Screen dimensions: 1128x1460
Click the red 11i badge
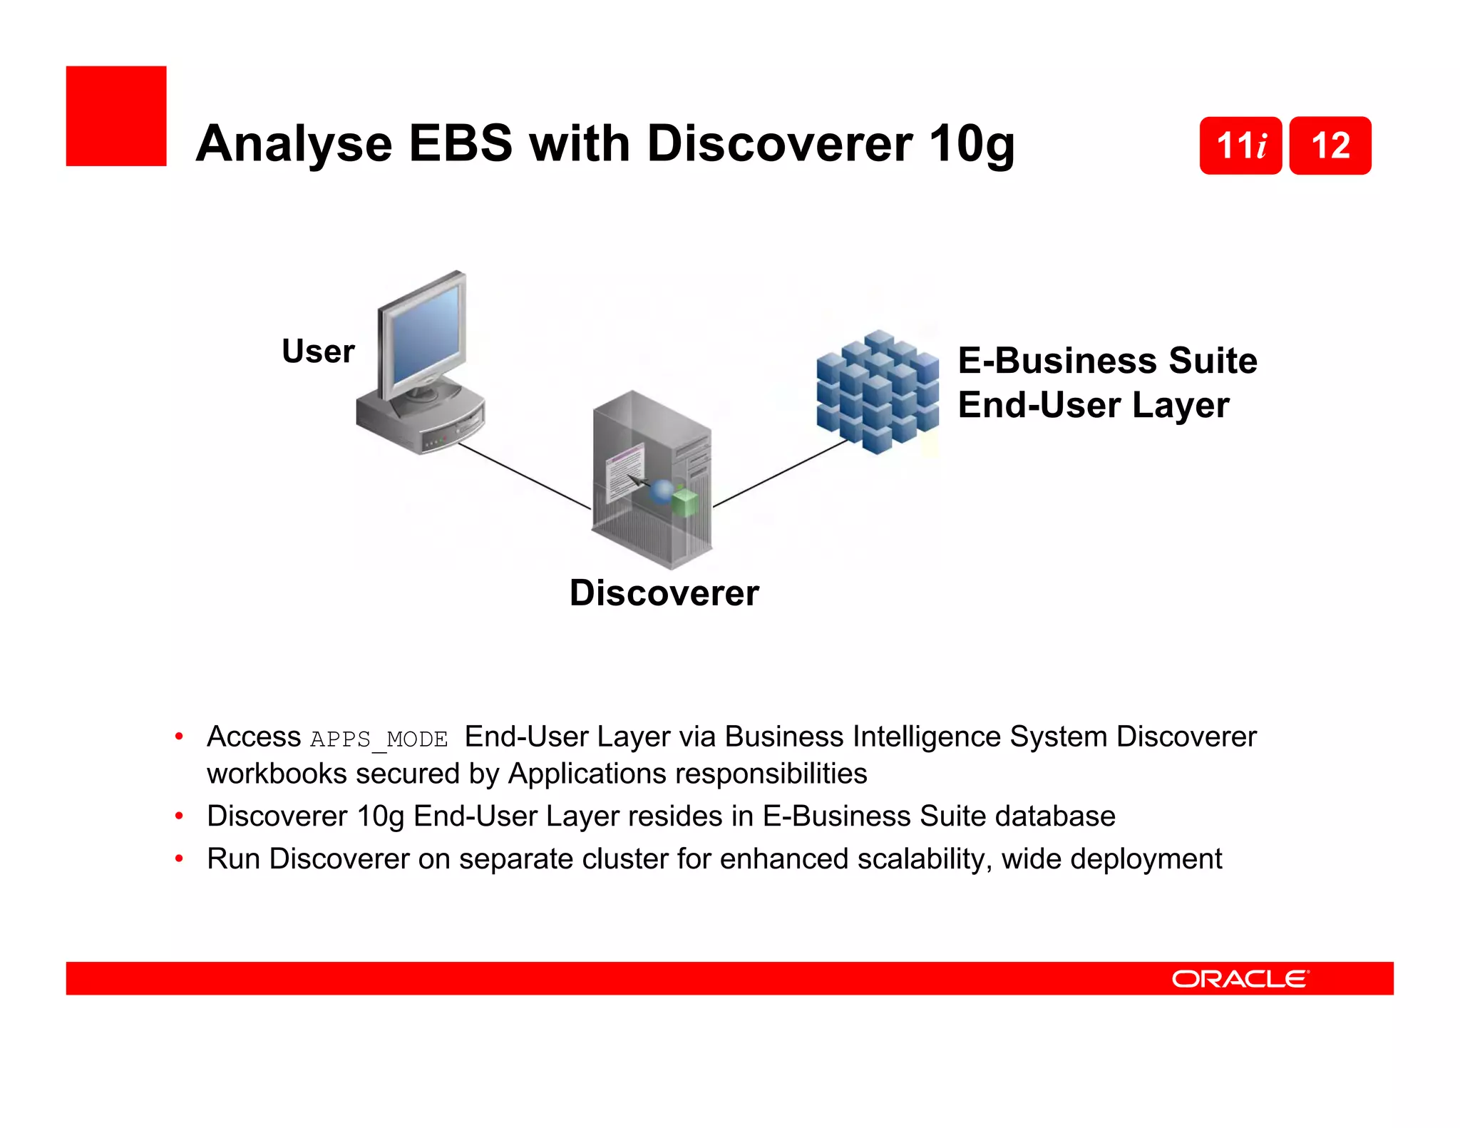[x=1240, y=145]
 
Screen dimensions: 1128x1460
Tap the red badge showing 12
[x=1330, y=145]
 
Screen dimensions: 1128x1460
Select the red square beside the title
[x=116, y=116]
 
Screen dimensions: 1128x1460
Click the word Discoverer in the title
[x=780, y=144]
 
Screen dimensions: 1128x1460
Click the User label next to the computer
[x=318, y=351]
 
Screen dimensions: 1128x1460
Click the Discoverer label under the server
[x=664, y=593]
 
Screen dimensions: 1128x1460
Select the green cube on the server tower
[x=685, y=502]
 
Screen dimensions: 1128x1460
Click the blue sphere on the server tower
[x=663, y=491]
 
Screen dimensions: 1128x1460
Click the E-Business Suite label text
[x=1107, y=360]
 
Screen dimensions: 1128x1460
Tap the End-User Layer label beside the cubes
[x=1094, y=405]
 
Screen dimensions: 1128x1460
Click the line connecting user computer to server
[x=524, y=476]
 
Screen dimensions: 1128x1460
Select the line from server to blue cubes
[x=781, y=473]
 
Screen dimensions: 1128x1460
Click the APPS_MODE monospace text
[x=379, y=739]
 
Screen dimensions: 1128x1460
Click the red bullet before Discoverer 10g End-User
[x=180, y=816]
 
